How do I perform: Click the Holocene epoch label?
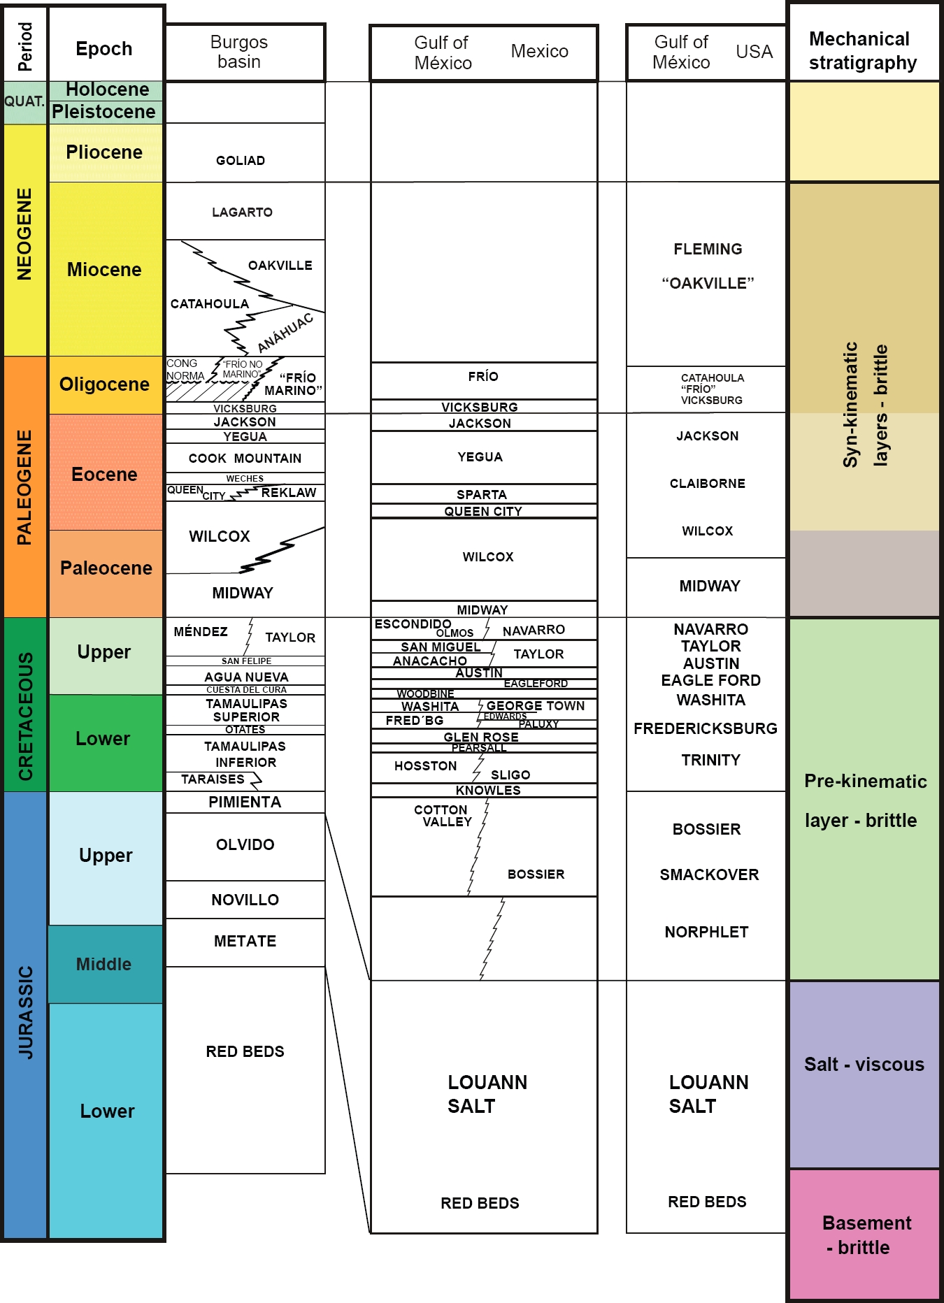107,90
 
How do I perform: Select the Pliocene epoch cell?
105,153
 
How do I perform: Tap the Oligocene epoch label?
105,384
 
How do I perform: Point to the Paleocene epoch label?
106,568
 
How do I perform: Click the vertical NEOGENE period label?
25,235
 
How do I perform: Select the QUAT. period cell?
24,102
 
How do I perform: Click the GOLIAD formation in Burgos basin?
241,161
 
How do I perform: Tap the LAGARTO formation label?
243,213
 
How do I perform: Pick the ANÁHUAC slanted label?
285,333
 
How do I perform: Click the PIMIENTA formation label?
245,802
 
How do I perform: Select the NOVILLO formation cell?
245,900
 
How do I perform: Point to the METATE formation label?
245,942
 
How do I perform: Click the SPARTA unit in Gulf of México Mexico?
482,494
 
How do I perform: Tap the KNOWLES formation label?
488,791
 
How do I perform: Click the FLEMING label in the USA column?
708,250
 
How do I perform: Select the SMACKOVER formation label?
709,875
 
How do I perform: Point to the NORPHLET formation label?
706,933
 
